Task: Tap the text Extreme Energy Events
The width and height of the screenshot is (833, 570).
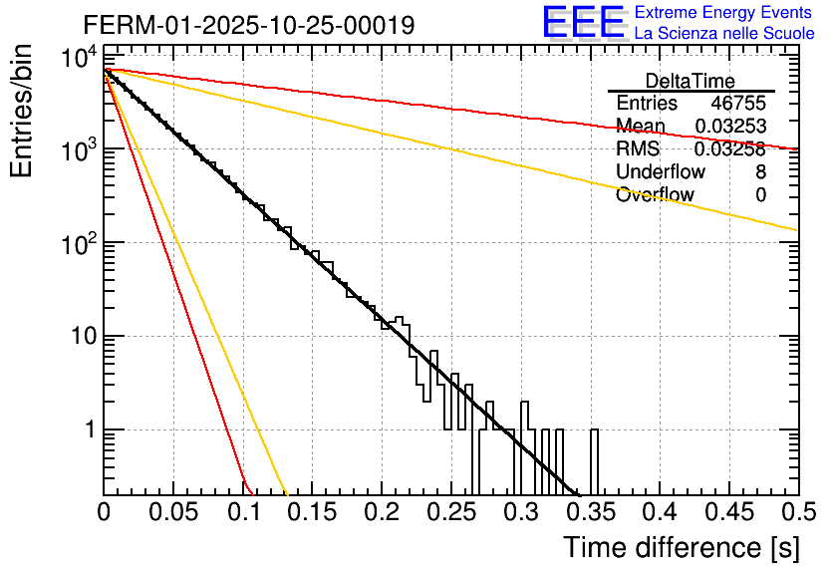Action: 724,13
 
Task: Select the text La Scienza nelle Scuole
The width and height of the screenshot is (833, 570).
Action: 724,33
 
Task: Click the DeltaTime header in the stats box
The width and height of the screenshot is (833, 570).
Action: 691,81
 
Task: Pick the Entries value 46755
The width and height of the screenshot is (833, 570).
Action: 738,104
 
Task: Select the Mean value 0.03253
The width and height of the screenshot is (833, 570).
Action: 730,127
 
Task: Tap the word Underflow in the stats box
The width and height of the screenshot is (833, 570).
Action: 661,172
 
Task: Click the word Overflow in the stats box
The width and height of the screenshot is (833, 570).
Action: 655,195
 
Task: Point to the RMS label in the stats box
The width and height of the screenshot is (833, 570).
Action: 638,149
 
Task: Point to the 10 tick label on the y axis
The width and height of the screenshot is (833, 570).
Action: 77,337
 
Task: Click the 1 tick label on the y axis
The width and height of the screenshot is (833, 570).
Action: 86,430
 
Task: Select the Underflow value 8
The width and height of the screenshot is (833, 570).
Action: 760,172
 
